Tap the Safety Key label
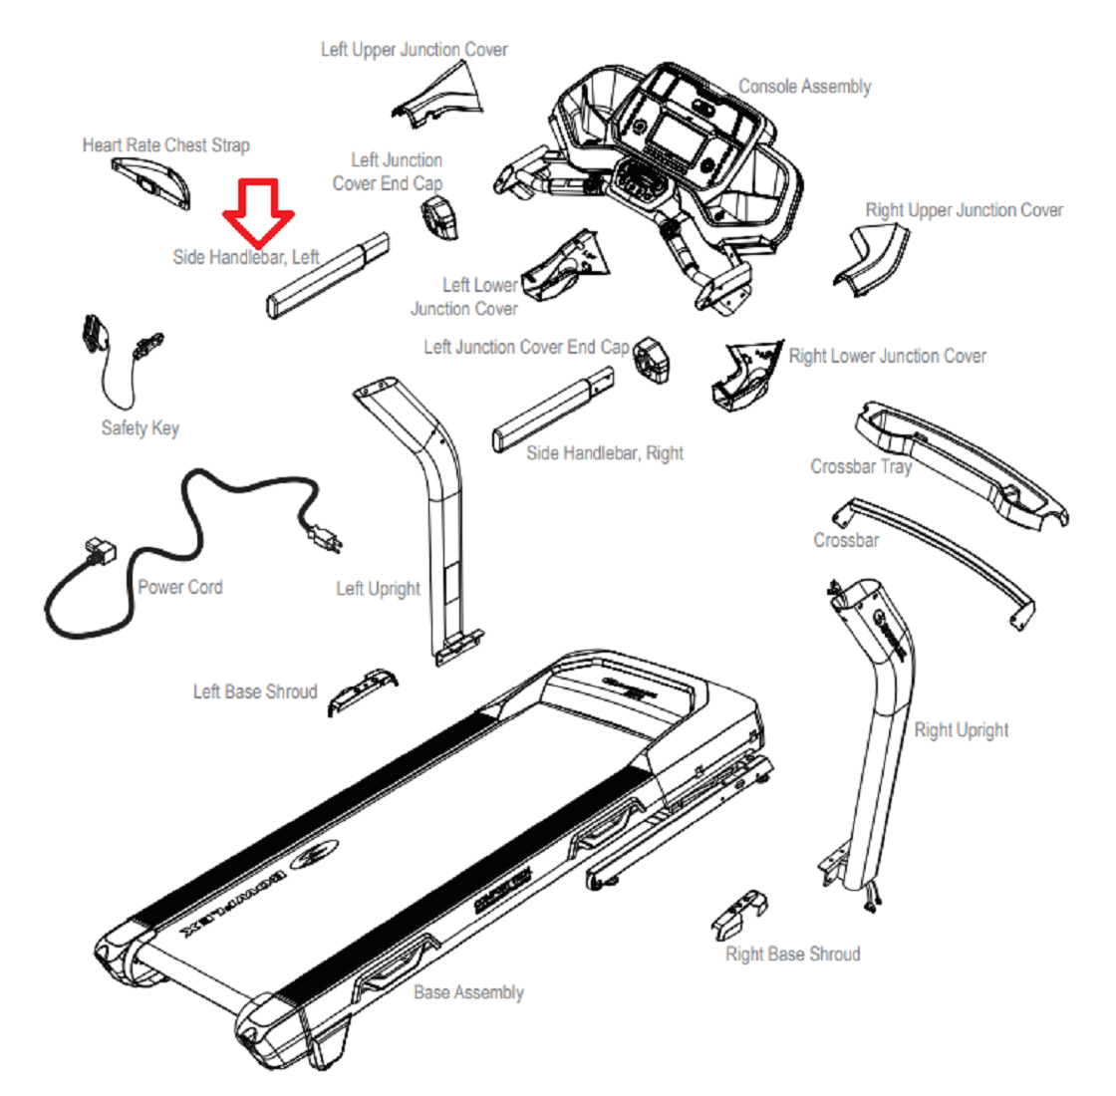(139, 428)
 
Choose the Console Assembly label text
(804, 87)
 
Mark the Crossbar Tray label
(860, 466)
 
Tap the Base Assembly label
(468, 992)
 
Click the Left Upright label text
(378, 589)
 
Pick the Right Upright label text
(961, 730)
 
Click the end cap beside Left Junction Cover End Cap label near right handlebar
(650, 360)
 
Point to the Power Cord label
(179, 587)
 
